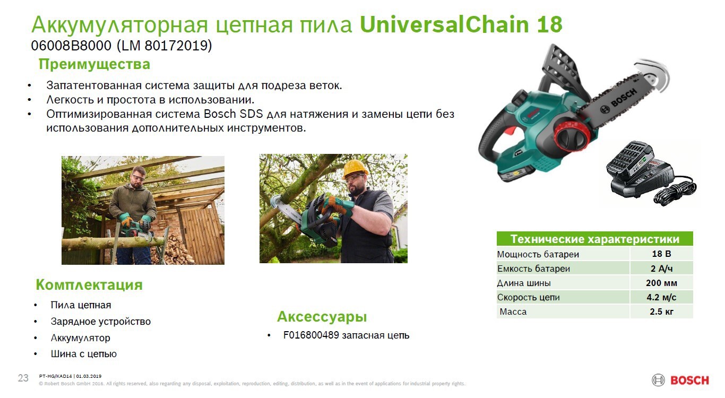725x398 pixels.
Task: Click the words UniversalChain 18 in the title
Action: [x=461, y=25]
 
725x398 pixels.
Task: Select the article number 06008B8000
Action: [x=72, y=46]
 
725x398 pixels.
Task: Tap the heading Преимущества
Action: [x=94, y=65]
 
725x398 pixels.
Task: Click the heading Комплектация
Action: [x=89, y=285]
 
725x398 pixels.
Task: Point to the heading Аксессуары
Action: [x=322, y=317]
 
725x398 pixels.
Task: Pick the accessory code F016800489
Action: [x=311, y=335]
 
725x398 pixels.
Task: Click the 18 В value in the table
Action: [x=661, y=254]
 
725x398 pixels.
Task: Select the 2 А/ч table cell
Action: [x=661, y=269]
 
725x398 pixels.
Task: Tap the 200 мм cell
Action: [x=661, y=283]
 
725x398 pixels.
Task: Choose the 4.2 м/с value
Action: [x=661, y=297]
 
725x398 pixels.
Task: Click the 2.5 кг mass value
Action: [x=661, y=312]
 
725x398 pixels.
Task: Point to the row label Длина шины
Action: [x=524, y=283]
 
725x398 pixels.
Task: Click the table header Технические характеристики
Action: [x=594, y=239]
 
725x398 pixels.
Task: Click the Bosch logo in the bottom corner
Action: [x=680, y=380]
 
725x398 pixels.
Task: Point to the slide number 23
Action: [x=23, y=378]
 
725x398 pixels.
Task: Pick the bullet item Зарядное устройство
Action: [x=100, y=322]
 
